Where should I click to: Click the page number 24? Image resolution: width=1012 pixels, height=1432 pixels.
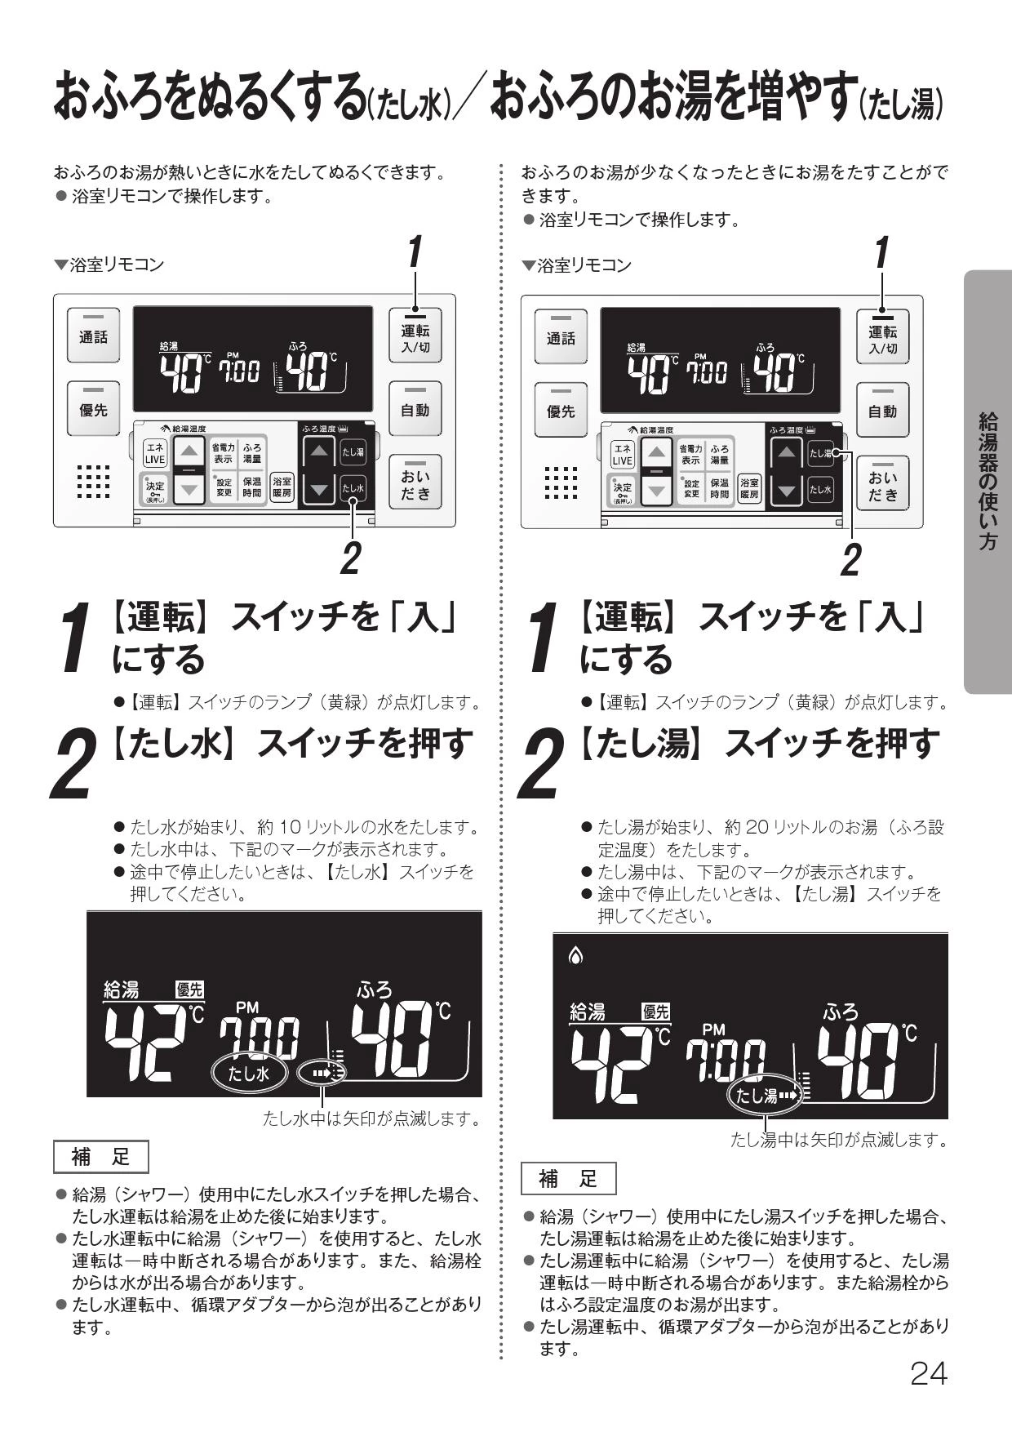coord(929,1374)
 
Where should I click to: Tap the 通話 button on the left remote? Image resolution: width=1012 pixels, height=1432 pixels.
coord(93,336)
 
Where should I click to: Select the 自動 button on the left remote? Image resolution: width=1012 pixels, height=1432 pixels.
coord(415,409)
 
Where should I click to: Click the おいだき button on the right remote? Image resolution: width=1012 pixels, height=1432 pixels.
coord(883,483)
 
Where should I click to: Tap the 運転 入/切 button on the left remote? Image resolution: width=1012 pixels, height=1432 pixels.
coord(415,336)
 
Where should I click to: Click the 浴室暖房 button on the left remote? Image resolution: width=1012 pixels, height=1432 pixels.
coord(282,488)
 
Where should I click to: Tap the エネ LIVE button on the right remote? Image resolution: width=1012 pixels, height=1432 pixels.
coord(623,455)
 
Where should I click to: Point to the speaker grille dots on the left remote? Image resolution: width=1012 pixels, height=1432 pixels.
coord(93,481)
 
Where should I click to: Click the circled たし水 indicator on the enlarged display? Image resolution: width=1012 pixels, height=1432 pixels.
coord(248,1073)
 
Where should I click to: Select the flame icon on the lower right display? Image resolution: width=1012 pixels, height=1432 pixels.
coord(576,954)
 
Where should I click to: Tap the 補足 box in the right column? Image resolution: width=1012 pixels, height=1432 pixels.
coord(569,1178)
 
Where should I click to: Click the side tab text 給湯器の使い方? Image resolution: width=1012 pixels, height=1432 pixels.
coord(988,482)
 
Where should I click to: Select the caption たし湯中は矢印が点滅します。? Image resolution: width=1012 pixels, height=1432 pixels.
coord(839,1140)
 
